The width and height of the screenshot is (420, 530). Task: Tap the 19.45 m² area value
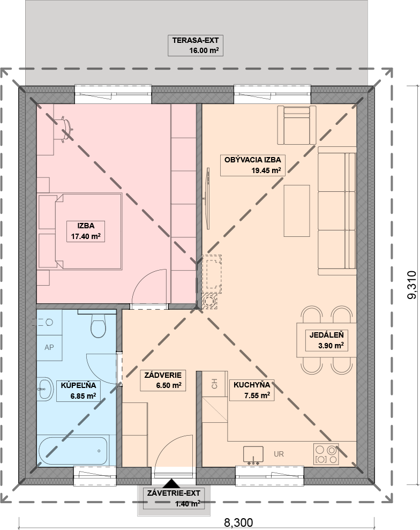pyautogui.click(x=266, y=170)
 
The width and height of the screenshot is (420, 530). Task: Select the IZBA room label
pyautogui.click(x=86, y=226)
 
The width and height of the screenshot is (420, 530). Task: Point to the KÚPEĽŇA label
pyautogui.click(x=78, y=385)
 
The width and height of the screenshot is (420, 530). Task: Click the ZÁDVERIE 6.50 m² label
pyautogui.click(x=163, y=380)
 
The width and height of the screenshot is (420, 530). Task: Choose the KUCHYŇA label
pyautogui.click(x=252, y=385)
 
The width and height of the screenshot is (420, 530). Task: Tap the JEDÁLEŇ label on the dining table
pyautogui.click(x=326, y=335)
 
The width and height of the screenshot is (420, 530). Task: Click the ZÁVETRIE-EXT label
pyautogui.click(x=174, y=493)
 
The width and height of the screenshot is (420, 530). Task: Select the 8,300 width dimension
pyautogui.click(x=238, y=522)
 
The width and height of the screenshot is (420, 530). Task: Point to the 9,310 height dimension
pyautogui.click(x=413, y=285)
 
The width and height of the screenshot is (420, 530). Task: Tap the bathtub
pyautogui.click(x=73, y=451)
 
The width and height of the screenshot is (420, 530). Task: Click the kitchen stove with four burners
pyautogui.click(x=326, y=454)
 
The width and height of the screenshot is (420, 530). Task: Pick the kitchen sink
pyautogui.click(x=253, y=454)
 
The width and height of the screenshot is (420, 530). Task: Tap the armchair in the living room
pyautogui.click(x=297, y=125)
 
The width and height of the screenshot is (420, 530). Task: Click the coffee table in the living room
pyautogui.click(x=297, y=211)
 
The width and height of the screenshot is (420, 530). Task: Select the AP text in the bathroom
pyautogui.click(x=49, y=347)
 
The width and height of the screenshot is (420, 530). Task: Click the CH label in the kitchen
pyautogui.click(x=214, y=384)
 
